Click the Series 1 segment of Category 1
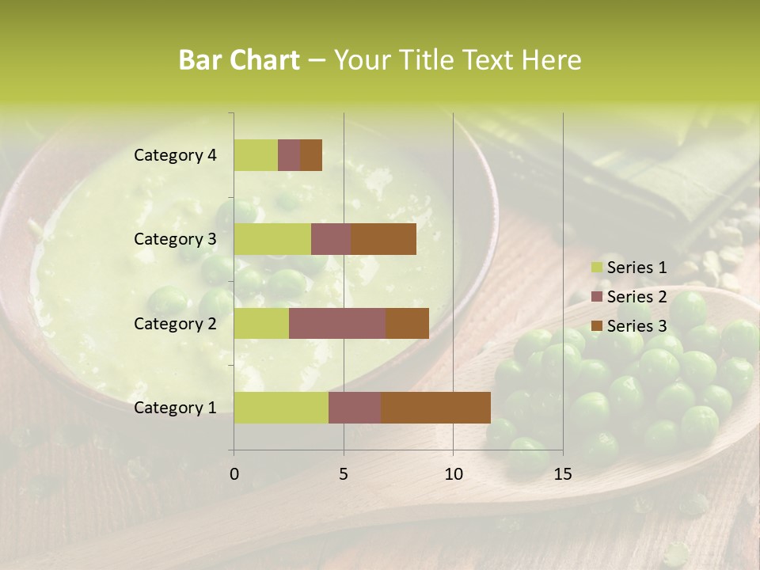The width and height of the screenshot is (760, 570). (281, 407)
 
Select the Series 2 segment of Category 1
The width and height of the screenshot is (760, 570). (355, 407)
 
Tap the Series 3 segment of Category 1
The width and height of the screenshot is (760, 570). (435, 407)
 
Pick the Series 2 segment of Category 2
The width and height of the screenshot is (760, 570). (337, 323)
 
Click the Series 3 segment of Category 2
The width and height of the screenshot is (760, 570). (407, 323)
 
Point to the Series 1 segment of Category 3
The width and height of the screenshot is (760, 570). (272, 239)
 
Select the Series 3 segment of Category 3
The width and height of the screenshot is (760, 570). (383, 239)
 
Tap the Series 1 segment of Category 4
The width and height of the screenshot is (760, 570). (256, 155)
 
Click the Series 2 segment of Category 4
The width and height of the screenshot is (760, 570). (289, 155)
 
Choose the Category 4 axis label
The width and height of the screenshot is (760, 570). (175, 155)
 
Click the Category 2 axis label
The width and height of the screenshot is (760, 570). (175, 323)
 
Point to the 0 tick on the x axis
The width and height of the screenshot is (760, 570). (234, 474)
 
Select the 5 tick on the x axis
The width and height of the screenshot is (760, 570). (344, 474)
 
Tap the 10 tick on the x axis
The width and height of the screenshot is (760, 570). (453, 474)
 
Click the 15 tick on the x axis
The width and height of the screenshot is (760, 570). (562, 474)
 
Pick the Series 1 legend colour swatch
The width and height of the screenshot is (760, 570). (597, 268)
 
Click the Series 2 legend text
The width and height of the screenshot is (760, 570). (636, 297)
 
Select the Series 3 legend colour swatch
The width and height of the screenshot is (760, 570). (597, 326)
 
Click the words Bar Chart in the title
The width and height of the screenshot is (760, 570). (239, 60)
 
